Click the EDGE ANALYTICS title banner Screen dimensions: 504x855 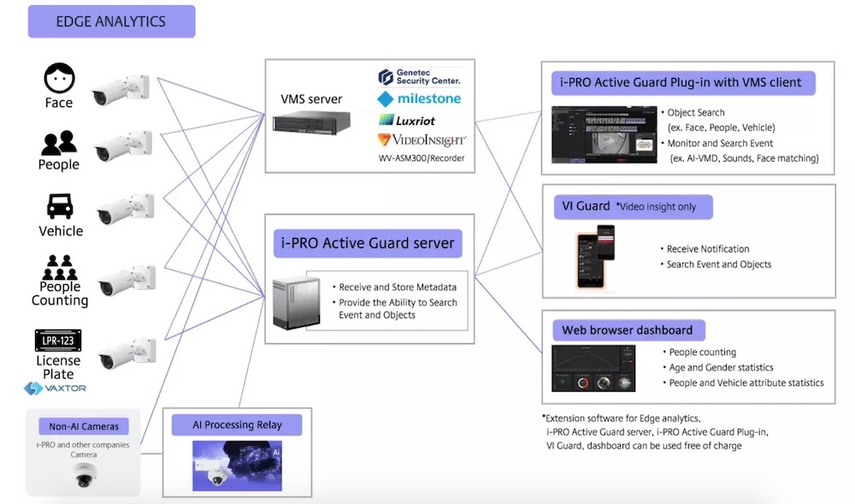pyautogui.click(x=111, y=21)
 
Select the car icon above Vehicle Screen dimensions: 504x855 pyautogui.click(x=60, y=207)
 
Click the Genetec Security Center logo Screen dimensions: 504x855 pyautogui.click(x=419, y=78)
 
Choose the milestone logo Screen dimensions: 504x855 pyautogui.click(x=419, y=99)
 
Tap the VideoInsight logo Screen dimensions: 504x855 pyautogui.click(x=419, y=139)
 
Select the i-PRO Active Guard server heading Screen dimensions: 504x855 pyautogui.click(x=368, y=243)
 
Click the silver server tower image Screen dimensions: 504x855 pyautogui.click(x=296, y=303)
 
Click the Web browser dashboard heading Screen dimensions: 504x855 pyautogui.click(x=627, y=330)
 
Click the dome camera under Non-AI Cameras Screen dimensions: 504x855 pyautogui.click(x=83, y=476)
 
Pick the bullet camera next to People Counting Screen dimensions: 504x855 pyautogui.click(x=126, y=281)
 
